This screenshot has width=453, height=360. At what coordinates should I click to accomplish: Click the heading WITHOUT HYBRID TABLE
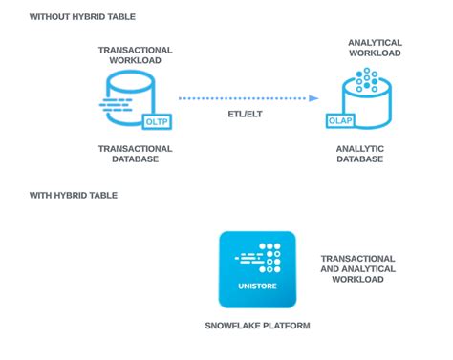pyautogui.click(x=82, y=17)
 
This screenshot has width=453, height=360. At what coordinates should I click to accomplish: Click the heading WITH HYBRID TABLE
pyautogui.click(x=74, y=195)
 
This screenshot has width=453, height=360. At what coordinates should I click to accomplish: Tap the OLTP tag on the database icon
pyautogui.click(x=156, y=123)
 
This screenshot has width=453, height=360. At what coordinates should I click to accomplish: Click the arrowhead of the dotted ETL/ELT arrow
pyautogui.click(x=314, y=98)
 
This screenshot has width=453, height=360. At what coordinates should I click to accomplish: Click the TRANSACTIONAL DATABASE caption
pyautogui.click(x=135, y=154)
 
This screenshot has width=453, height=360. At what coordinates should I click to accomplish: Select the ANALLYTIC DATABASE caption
pyautogui.click(x=359, y=154)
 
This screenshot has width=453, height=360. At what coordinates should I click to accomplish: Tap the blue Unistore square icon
pyautogui.click(x=257, y=268)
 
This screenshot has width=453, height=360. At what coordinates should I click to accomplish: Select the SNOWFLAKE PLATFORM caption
pyautogui.click(x=257, y=326)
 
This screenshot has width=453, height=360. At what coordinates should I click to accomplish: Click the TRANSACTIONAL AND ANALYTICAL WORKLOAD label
pyautogui.click(x=358, y=268)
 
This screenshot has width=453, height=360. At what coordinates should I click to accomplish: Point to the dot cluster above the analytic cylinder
pyautogui.click(x=367, y=79)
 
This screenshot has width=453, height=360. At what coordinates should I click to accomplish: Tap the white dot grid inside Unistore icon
pyautogui.click(x=272, y=256)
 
